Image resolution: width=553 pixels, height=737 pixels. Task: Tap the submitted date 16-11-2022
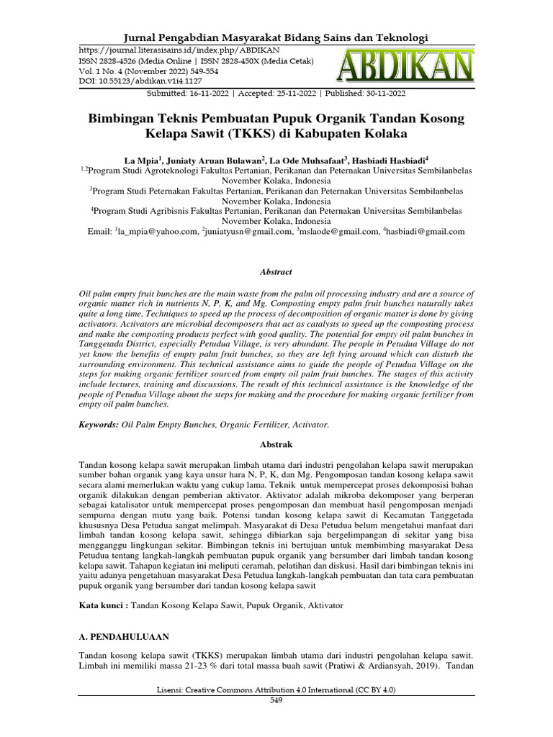[204, 94]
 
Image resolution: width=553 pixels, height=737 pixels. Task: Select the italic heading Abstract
[276, 272]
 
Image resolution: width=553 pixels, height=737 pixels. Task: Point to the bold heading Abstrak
[276, 446]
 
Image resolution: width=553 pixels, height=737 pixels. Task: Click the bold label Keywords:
[99, 425]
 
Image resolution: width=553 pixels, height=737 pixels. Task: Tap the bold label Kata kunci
[102, 606]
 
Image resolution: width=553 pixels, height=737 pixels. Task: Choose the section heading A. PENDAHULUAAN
[124, 637]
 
